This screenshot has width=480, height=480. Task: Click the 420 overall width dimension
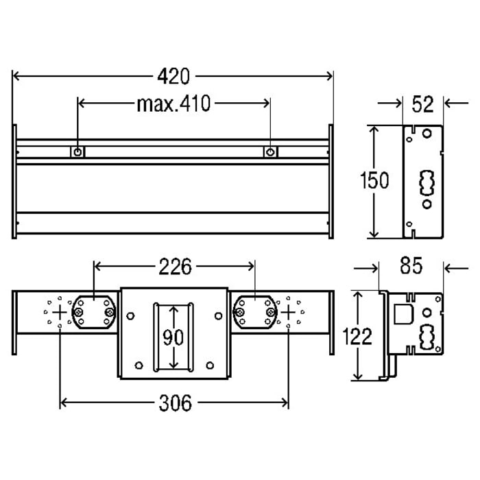[x=172, y=75]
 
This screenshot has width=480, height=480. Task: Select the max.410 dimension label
[x=173, y=104]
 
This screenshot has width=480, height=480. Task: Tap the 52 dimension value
[x=424, y=104]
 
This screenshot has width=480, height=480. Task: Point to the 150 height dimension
[x=374, y=180]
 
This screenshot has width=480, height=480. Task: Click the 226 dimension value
[x=174, y=266]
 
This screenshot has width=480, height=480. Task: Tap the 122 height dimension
[x=358, y=336]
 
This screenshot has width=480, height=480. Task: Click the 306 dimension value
[x=175, y=403]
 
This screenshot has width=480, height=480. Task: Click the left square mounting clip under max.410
[x=79, y=152]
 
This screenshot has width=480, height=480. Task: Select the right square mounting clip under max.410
[x=271, y=152]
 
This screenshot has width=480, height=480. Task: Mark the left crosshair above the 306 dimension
[x=61, y=311]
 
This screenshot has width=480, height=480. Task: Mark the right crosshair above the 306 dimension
[x=288, y=311]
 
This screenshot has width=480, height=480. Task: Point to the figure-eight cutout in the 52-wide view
[x=427, y=183]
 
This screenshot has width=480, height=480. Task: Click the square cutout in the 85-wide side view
[x=402, y=315]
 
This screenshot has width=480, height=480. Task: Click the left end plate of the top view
[x=14, y=182]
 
